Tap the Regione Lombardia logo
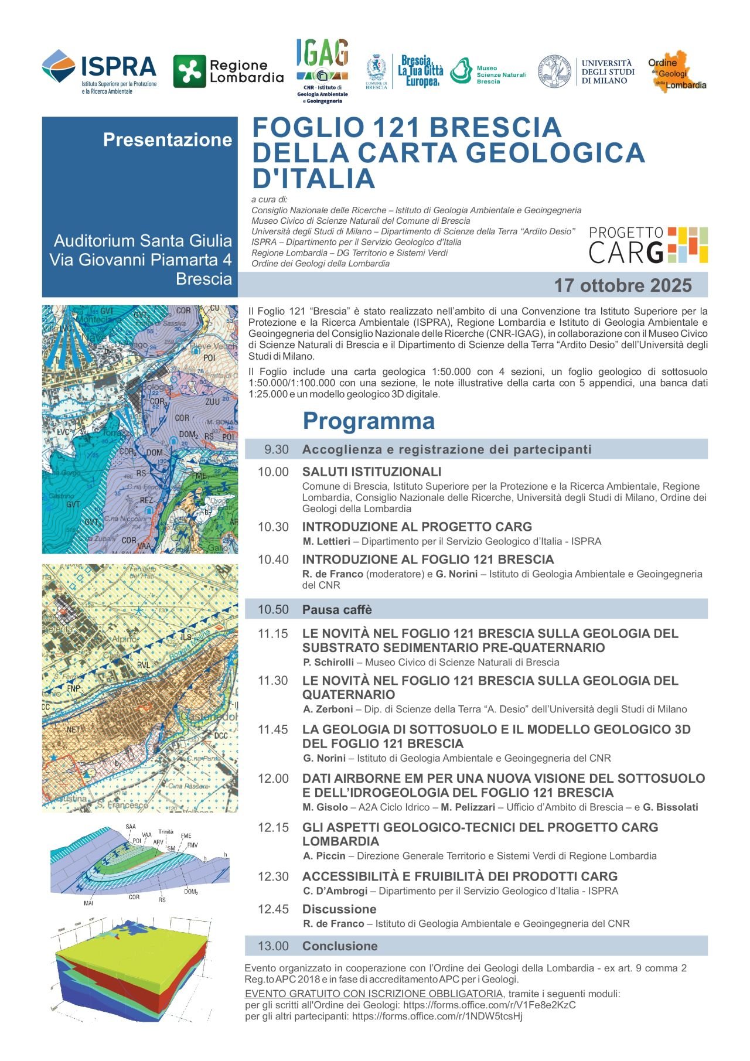[x=229, y=71]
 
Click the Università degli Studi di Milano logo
[x=587, y=72]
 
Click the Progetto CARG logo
[x=648, y=245]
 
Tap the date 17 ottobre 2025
[x=623, y=285]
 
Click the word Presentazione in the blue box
[x=168, y=139]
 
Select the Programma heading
[x=369, y=421]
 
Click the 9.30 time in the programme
[x=277, y=449]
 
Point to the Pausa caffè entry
[x=337, y=610]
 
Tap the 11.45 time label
[x=273, y=729]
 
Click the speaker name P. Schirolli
[x=329, y=662]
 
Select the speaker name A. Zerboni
[x=328, y=709]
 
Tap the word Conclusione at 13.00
[x=340, y=946]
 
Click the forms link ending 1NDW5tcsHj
[x=437, y=1016]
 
